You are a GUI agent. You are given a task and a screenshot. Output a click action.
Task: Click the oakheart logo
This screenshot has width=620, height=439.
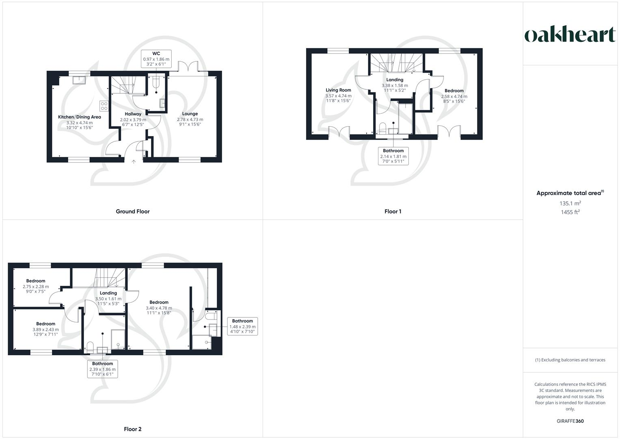570,35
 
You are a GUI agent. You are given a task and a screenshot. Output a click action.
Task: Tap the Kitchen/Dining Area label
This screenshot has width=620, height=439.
80,117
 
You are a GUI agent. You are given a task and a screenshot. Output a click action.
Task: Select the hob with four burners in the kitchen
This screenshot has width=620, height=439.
104,106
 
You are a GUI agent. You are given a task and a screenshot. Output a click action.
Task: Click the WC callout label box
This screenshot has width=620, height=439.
156,59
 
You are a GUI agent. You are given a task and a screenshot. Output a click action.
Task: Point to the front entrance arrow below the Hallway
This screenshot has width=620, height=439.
134,161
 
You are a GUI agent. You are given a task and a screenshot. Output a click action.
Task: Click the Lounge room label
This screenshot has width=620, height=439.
190,114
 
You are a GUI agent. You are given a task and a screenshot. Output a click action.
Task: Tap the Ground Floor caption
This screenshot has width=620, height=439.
133,211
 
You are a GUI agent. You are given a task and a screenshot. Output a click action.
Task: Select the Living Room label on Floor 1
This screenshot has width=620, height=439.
338,90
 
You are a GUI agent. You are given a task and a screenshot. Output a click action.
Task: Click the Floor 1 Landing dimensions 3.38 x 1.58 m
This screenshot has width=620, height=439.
395,86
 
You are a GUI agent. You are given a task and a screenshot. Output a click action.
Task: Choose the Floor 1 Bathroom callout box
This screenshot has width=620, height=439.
393,156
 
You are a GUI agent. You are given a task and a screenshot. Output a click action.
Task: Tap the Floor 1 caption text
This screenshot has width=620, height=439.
393,211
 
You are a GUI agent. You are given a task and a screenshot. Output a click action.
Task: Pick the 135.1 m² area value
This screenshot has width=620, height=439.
570,203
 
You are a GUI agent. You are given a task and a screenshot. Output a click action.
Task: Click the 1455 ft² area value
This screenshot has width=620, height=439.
570,212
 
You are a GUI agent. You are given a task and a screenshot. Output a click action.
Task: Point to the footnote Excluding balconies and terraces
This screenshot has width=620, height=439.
570,360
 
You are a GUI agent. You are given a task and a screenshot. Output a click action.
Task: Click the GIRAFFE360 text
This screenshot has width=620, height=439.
570,421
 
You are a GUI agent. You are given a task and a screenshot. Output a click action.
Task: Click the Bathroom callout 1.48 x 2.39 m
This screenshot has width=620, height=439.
242,326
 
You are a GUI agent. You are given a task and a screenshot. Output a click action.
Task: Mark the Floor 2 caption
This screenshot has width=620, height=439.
133,429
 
